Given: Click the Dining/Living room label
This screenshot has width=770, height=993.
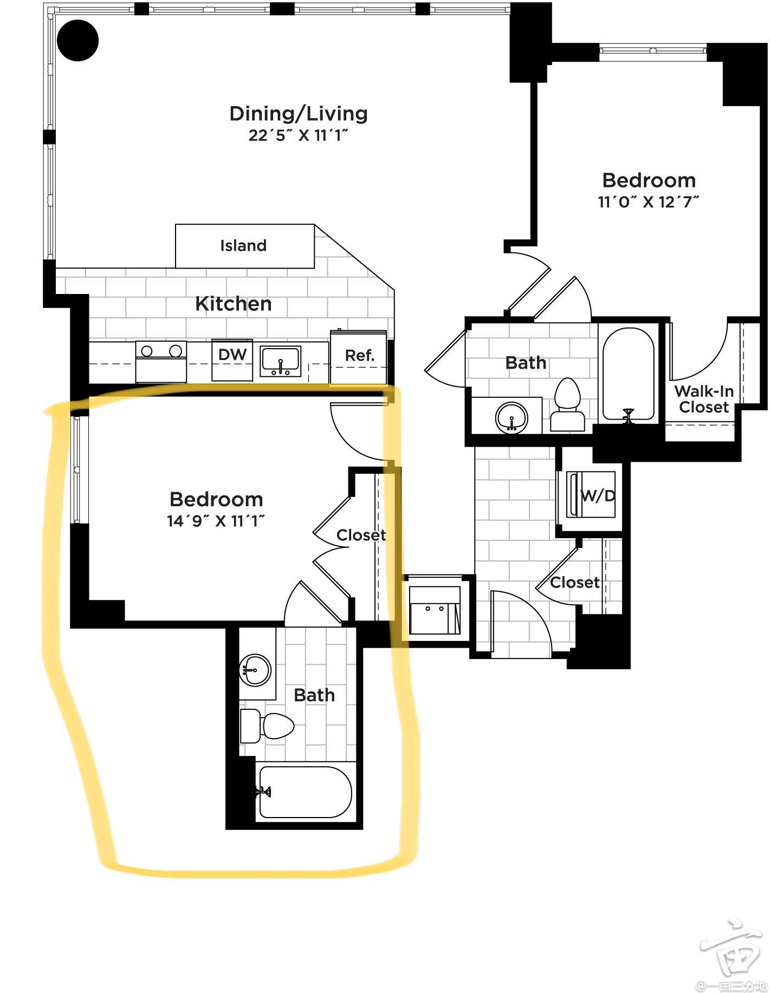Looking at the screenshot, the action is [x=299, y=114].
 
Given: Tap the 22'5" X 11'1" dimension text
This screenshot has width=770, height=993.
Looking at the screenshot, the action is [x=298, y=135].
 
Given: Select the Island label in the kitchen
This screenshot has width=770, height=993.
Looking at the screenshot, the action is [x=243, y=246].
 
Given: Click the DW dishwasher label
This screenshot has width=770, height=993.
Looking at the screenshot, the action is [x=232, y=355].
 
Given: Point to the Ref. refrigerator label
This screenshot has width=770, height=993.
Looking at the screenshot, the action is [x=360, y=356].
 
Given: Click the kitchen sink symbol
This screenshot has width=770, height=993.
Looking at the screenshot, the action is [x=281, y=362].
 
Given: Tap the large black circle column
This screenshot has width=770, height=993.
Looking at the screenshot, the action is [x=78, y=41].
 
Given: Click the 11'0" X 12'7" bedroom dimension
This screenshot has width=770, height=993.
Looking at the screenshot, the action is [x=649, y=202].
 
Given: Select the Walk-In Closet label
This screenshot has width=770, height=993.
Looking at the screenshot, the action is [x=704, y=399].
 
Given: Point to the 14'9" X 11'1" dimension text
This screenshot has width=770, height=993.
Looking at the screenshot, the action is [x=216, y=521].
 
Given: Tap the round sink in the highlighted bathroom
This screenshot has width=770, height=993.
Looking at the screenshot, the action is [x=255, y=670].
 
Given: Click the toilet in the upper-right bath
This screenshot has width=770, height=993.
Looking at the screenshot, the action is [x=567, y=404].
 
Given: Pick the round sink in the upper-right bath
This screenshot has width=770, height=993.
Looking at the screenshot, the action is [x=512, y=417].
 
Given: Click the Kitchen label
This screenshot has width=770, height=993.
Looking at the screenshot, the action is [x=234, y=304].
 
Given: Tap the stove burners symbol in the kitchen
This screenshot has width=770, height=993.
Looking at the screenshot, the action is [x=161, y=351].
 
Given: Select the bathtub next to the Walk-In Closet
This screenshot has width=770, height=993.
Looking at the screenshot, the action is [x=629, y=374].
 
